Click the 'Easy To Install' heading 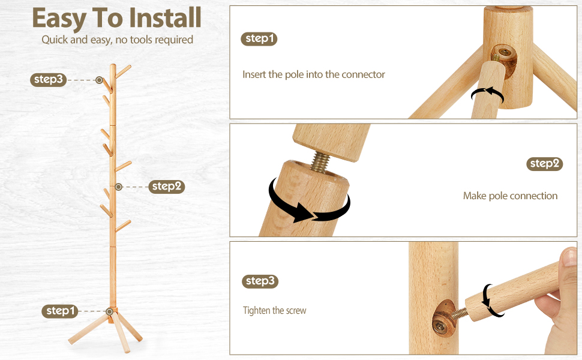pos(116,18)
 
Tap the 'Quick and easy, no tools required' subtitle pos(117,40)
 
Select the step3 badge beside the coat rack pos(48,79)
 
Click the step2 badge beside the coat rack pos(167,187)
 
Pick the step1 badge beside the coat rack pos(60,311)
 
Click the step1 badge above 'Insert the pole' pos(259,38)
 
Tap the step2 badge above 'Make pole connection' pos(545,164)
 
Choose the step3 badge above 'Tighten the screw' pos(260,281)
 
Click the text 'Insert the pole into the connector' pos(314,74)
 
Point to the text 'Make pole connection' pos(510,196)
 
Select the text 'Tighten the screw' pos(275,310)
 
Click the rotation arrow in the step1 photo pos(487,93)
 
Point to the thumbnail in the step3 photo pos(569,257)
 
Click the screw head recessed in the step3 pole pos(440,326)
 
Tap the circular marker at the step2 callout pos(118,187)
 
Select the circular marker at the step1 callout pos(109,311)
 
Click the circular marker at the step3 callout pos(99,80)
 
